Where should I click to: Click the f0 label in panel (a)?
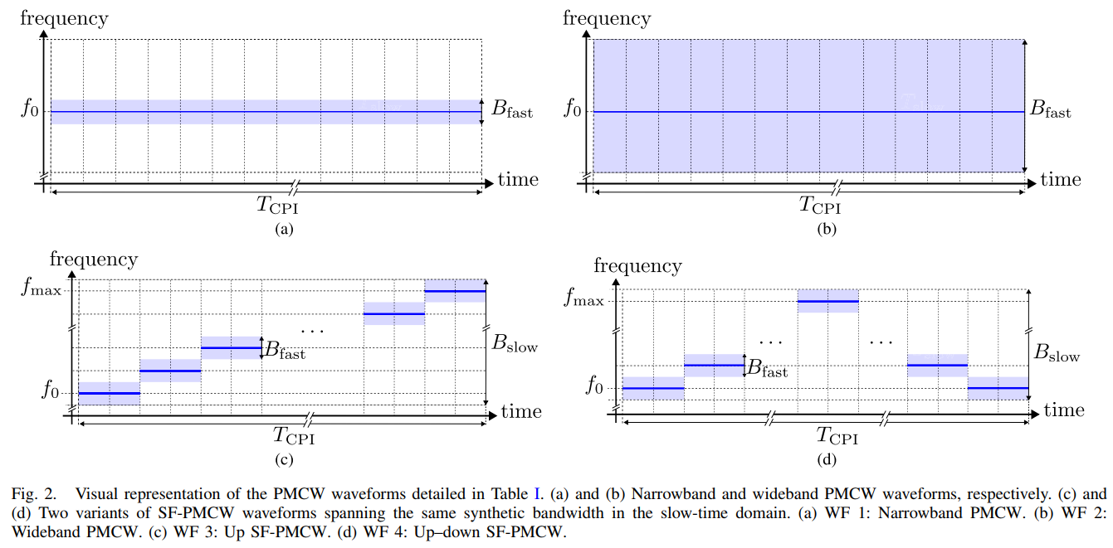[29, 110]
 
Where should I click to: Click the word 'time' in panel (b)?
[1061, 179]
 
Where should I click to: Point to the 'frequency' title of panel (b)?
[607, 18]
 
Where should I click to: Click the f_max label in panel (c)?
[44, 291]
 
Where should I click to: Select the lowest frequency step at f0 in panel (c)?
[109, 393]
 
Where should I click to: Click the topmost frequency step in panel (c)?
[455, 291]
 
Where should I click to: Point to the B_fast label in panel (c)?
[286, 351]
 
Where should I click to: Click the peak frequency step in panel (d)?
[827, 301]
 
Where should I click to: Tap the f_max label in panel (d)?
[583, 298]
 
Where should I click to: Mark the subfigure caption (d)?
[826, 458]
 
